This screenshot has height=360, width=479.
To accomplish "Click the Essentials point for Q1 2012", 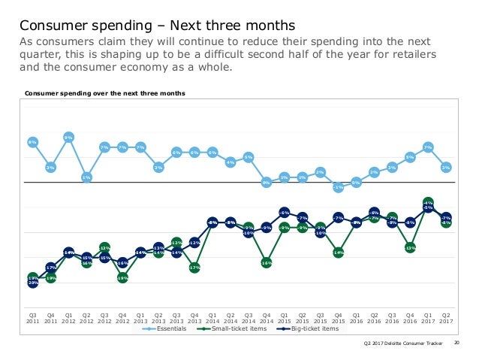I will [68, 138].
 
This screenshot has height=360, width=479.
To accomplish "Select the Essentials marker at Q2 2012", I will [86, 177].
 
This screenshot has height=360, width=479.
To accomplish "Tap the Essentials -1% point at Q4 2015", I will [339, 187].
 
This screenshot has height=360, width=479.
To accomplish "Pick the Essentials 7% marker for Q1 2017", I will [428, 147].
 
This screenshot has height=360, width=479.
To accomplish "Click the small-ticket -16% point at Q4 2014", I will [267, 262].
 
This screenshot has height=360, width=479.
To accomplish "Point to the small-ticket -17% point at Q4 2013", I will [194, 267].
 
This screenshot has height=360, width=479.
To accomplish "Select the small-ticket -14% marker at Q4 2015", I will [339, 253].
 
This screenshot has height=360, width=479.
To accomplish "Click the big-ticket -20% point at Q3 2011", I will [32, 283].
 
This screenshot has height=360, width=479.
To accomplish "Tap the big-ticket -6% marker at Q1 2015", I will [285, 213].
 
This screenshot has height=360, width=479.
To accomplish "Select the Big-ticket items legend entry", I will [308, 328].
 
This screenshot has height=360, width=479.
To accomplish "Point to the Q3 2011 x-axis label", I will [32, 318].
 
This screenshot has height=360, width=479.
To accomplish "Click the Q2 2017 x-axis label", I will [446, 318].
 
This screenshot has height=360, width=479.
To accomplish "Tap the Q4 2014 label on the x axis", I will [267, 318].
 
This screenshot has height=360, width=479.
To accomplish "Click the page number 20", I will [457, 343].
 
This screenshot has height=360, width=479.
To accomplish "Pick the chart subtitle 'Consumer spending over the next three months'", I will [105, 94].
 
